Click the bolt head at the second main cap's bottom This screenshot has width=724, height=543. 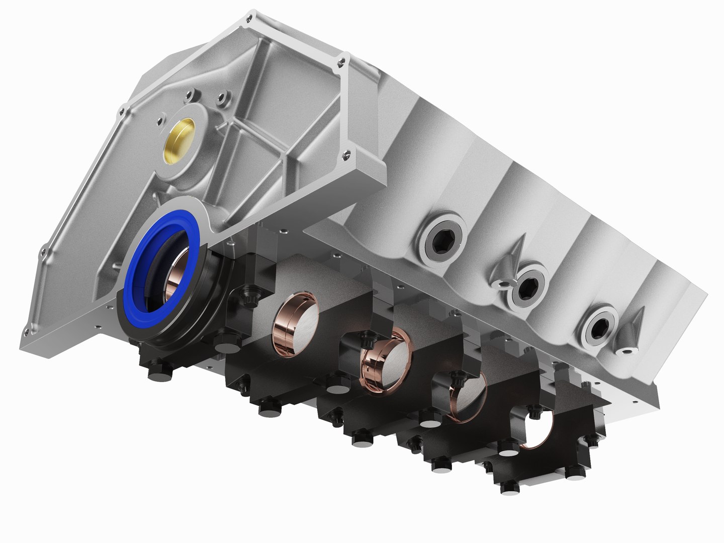click(x=266, y=410)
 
